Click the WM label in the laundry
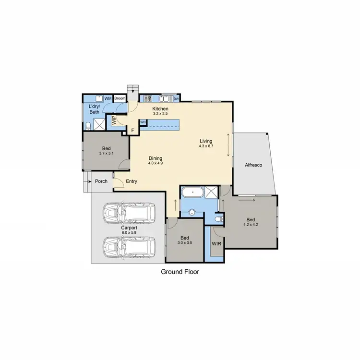pyautogui.click(x=108, y=98)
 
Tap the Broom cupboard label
pyautogui.click(x=120, y=98)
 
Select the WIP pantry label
pyautogui.click(x=114, y=120)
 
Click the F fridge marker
pyautogui.click(x=132, y=130)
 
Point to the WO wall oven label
pyautogui.click(x=143, y=122)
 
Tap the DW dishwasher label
pyautogui.click(x=176, y=99)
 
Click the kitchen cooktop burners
pyautogui.click(x=147, y=98)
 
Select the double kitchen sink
pyautogui.click(x=165, y=98)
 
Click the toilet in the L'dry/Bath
pyautogui.click(x=88, y=126)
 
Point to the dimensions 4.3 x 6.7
pyautogui.click(x=206, y=146)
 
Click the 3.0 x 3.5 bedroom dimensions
pyautogui.click(x=185, y=243)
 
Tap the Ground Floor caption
pyautogui.click(x=180, y=272)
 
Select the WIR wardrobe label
pyautogui.click(x=216, y=243)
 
